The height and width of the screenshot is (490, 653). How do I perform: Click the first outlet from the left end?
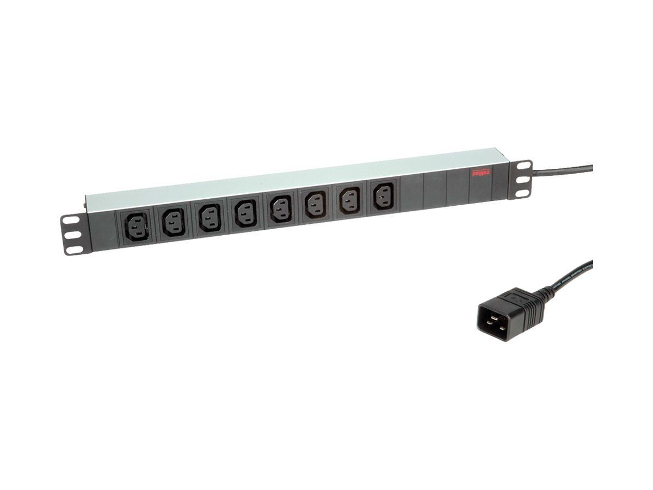[137, 226]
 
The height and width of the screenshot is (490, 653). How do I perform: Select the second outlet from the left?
[174, 222]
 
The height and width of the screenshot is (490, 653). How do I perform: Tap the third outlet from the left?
[210, 217]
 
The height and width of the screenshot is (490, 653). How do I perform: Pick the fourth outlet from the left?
[246, 213]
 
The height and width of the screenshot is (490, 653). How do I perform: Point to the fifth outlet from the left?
[281, 209]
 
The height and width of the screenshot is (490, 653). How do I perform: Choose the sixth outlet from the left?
[316, 204]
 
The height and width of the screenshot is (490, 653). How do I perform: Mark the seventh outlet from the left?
[349, 200]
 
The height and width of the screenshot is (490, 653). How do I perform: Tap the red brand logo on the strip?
[481, 173]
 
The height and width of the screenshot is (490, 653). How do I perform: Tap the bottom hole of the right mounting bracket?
[522, 192]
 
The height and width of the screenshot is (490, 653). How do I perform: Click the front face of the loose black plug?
[497, 321]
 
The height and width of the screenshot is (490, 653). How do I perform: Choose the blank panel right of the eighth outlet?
[411, 192]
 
